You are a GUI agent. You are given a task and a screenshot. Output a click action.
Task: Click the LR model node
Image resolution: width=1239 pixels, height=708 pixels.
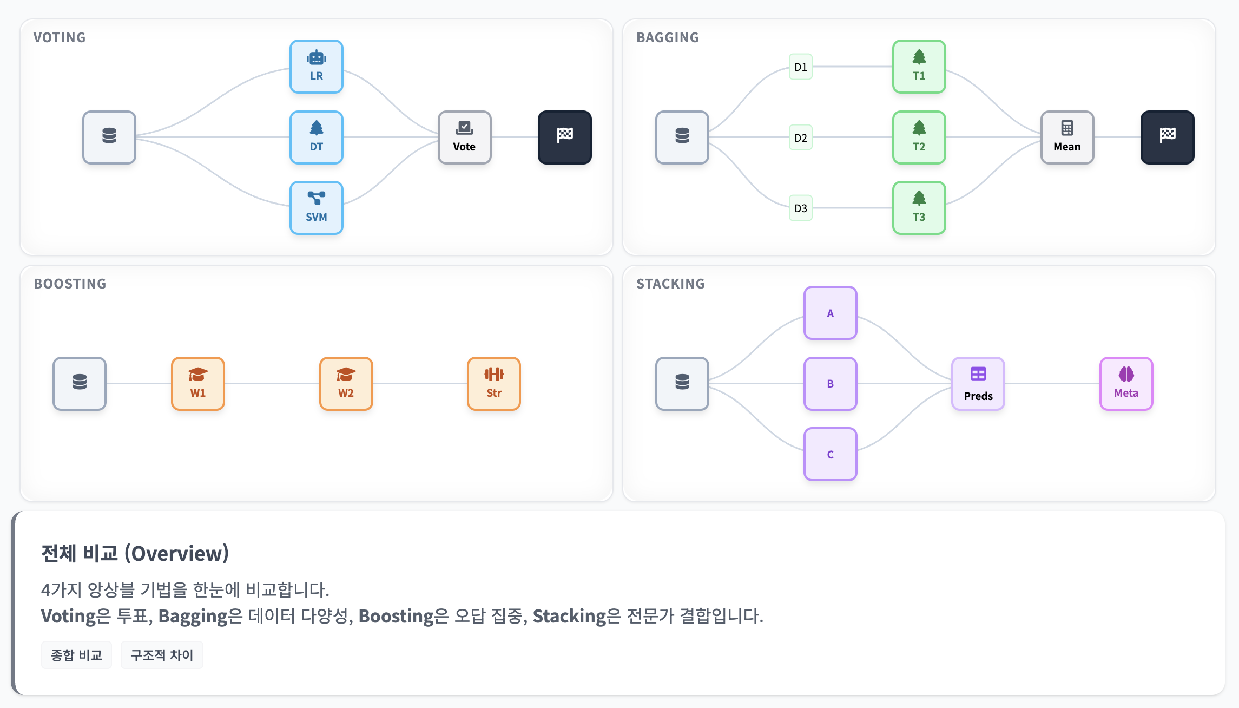(317, 67)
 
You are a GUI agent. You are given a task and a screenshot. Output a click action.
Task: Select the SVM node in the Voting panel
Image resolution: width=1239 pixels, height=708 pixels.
(317, 208)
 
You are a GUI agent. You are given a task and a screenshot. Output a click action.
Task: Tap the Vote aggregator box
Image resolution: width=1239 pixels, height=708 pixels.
(464, 137)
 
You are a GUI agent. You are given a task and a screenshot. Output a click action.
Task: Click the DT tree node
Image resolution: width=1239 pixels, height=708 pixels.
(317, 137)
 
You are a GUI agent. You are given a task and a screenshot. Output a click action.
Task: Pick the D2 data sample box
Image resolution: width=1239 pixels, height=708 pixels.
(800, 137)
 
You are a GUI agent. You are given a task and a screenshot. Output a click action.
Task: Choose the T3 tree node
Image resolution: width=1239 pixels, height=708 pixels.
(919, 208)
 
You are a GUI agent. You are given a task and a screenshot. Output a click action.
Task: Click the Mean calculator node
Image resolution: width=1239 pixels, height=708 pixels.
(1067, 137)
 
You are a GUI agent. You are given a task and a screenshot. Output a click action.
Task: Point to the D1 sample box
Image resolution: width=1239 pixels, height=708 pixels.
(800, 67)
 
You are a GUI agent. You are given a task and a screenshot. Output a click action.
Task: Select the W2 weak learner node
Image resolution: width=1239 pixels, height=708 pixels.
(346, 384)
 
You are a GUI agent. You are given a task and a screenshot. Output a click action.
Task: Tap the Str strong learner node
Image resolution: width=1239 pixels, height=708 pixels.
(493, 384)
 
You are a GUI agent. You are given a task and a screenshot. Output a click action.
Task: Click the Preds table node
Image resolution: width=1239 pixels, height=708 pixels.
(978, 384)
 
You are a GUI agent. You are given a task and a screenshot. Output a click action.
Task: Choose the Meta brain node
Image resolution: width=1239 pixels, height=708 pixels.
(1126, 384)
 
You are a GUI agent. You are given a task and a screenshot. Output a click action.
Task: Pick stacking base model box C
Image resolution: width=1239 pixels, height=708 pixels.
(830, 454)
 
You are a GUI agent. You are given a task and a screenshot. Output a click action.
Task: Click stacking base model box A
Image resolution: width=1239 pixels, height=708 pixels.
(830, 313)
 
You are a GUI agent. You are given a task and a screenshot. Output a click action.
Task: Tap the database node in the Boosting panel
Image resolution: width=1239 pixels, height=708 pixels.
(80, 384)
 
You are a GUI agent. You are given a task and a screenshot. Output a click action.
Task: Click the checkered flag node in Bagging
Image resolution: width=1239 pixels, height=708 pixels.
(1167, 137)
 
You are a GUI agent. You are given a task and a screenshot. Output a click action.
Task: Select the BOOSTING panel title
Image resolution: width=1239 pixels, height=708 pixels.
(70, 284)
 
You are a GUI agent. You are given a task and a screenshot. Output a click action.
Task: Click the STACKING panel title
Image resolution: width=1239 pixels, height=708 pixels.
(670, 284)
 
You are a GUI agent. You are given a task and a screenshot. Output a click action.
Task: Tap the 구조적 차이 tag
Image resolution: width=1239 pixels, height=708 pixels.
(162, 655)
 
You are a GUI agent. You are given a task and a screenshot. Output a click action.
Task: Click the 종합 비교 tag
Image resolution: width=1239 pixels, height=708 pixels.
(76, 655)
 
